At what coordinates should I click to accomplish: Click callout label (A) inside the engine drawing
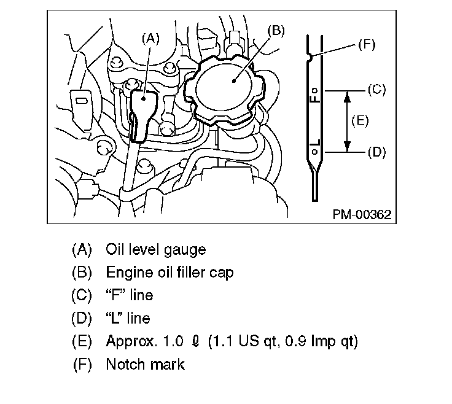(x=150, y=38)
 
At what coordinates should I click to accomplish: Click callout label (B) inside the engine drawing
(x=276, y=31)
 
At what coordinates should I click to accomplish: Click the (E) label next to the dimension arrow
(x=359, y=120)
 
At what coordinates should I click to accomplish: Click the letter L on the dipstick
(x=314, y=146)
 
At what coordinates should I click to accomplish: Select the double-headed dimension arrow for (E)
(x=347, y=120)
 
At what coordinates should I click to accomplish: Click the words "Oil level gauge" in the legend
(x=155, y=249)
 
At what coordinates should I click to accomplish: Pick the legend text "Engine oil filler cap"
(x=169, y=272)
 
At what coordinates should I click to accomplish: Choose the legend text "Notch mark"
(x=145, y=363)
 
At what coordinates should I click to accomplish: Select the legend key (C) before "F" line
(x=82, y=295)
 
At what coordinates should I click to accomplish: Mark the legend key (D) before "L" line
(x=82, y=318)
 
